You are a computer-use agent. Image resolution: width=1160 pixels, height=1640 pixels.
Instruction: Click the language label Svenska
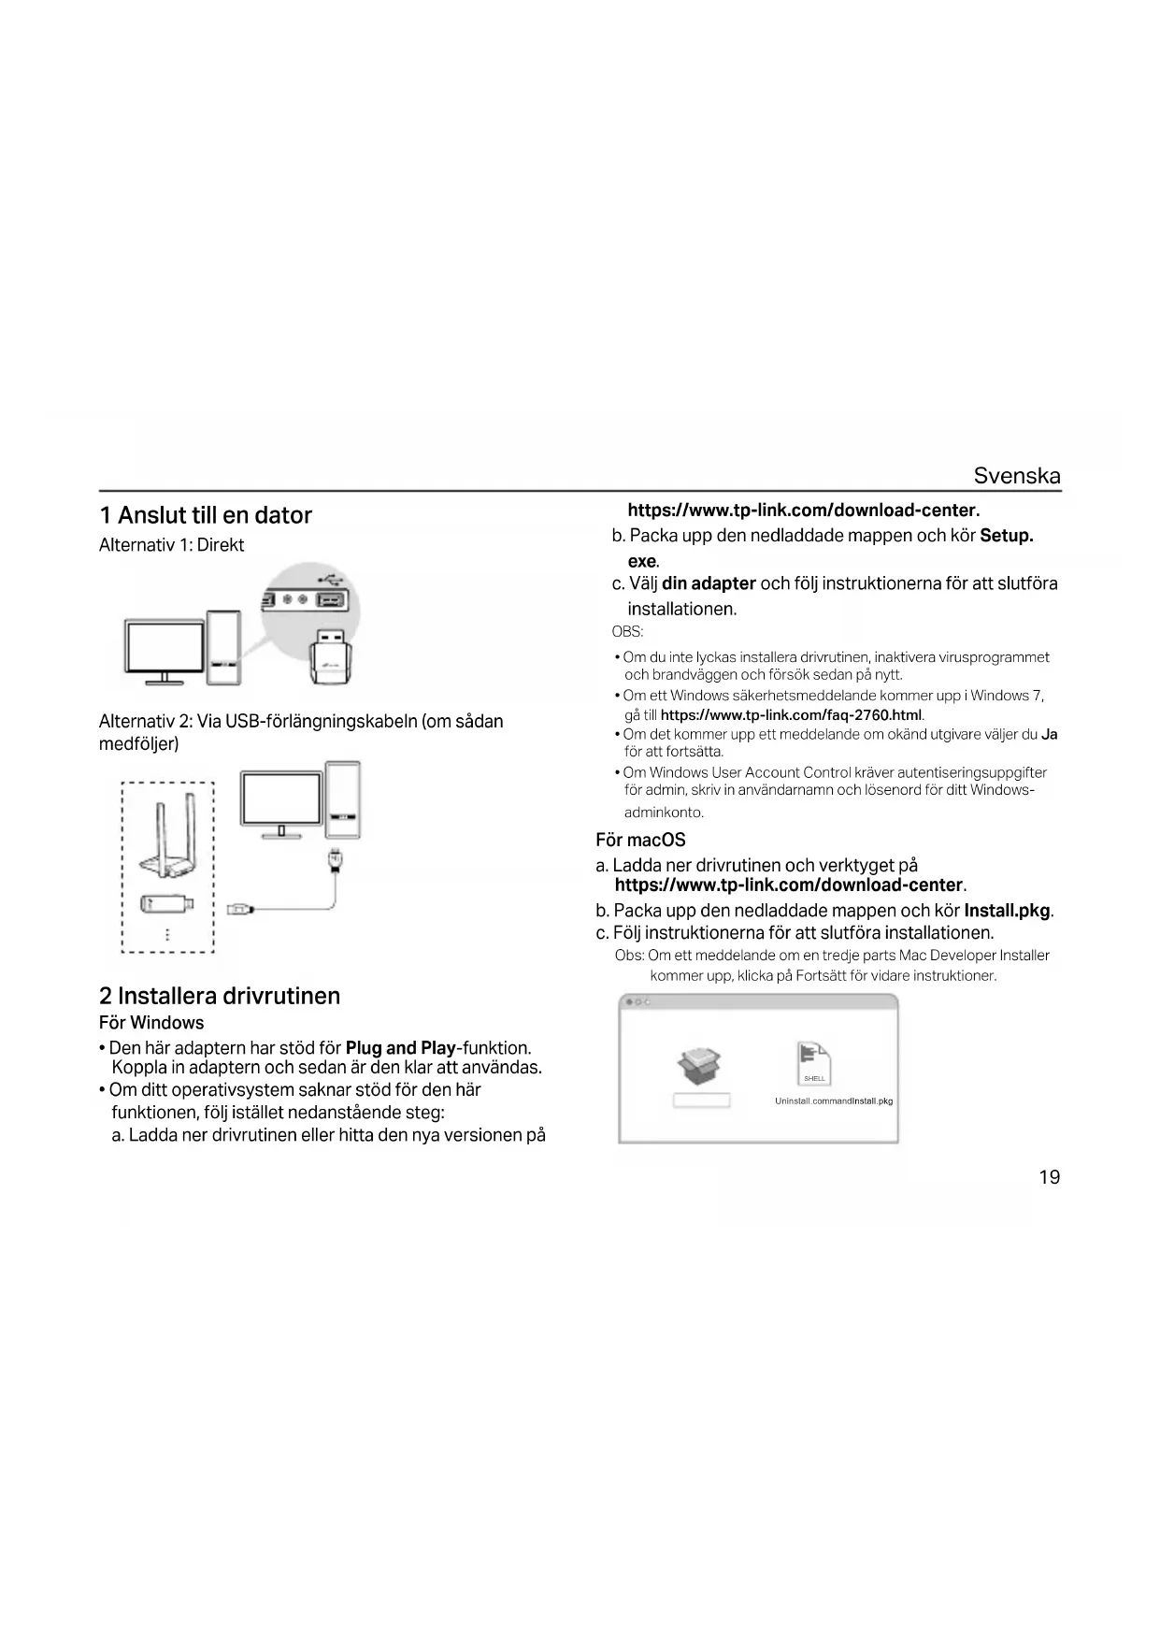pyautogui.click(x=1016, y=475)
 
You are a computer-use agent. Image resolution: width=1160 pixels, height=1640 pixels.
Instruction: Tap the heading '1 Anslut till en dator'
pyautogui.click(x=206, y=515)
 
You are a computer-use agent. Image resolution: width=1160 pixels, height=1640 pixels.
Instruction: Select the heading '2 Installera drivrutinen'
pyautogui.click(x=220, y=996)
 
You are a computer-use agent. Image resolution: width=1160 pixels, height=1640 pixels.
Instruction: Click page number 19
pyautogui.click(x=1049, y=1177)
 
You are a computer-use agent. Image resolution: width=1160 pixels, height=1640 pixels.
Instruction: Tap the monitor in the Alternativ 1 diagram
pyautogui.click(x=165, y=648)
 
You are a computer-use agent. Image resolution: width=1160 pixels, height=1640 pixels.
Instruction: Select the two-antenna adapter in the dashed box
pyautogui.click(x=168, y=837)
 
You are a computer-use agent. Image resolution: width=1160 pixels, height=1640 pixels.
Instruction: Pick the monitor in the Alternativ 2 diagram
pyautogui.click(x=281, y=800)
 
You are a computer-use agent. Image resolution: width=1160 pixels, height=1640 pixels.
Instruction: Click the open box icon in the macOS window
pyautogui.click(x=700, y=1066)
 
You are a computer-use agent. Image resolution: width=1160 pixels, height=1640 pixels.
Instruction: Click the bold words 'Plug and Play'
pyautogui.click(x=400, y=1048)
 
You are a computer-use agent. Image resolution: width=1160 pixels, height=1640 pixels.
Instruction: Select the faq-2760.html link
pyautogui.click(x=791, y=715)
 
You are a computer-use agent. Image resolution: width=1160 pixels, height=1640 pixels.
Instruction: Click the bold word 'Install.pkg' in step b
pyautogui.click(x=1007, y=911)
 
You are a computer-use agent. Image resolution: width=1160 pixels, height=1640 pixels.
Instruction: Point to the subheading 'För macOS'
pyautogui.click(x=640, y=841)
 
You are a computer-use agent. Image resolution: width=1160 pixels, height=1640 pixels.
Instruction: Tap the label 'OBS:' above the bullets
pyautogui.click(x=627, y=632)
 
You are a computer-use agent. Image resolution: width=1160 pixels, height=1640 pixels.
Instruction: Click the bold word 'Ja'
pyautogui.click(x=1050, y=735)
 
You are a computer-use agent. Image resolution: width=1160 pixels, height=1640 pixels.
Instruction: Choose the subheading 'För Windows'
pyautogui.click(x=151, y=1023)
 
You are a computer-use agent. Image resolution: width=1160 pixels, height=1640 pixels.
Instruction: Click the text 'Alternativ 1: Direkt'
pyautogui.click(x=171, y=545)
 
